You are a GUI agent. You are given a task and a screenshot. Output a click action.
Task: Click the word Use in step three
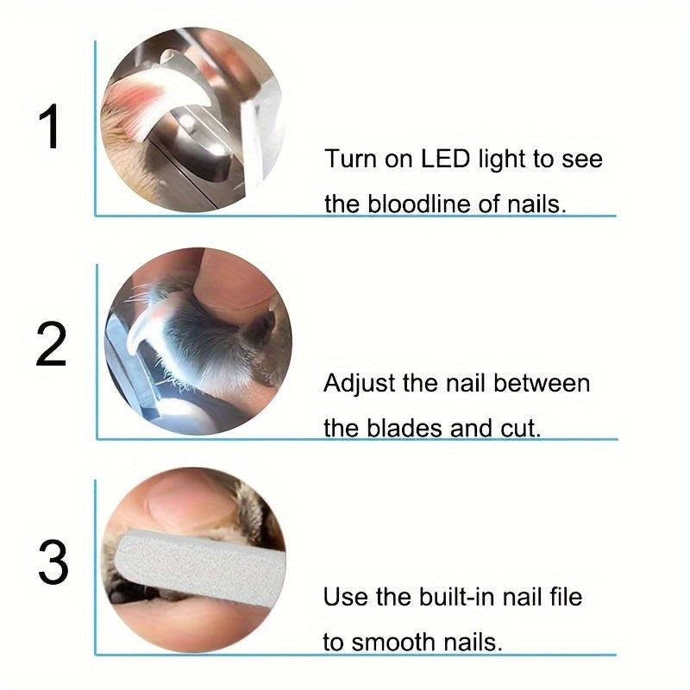[x=342, y=596]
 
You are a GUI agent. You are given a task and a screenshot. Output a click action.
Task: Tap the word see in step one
[x=583, y=160]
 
